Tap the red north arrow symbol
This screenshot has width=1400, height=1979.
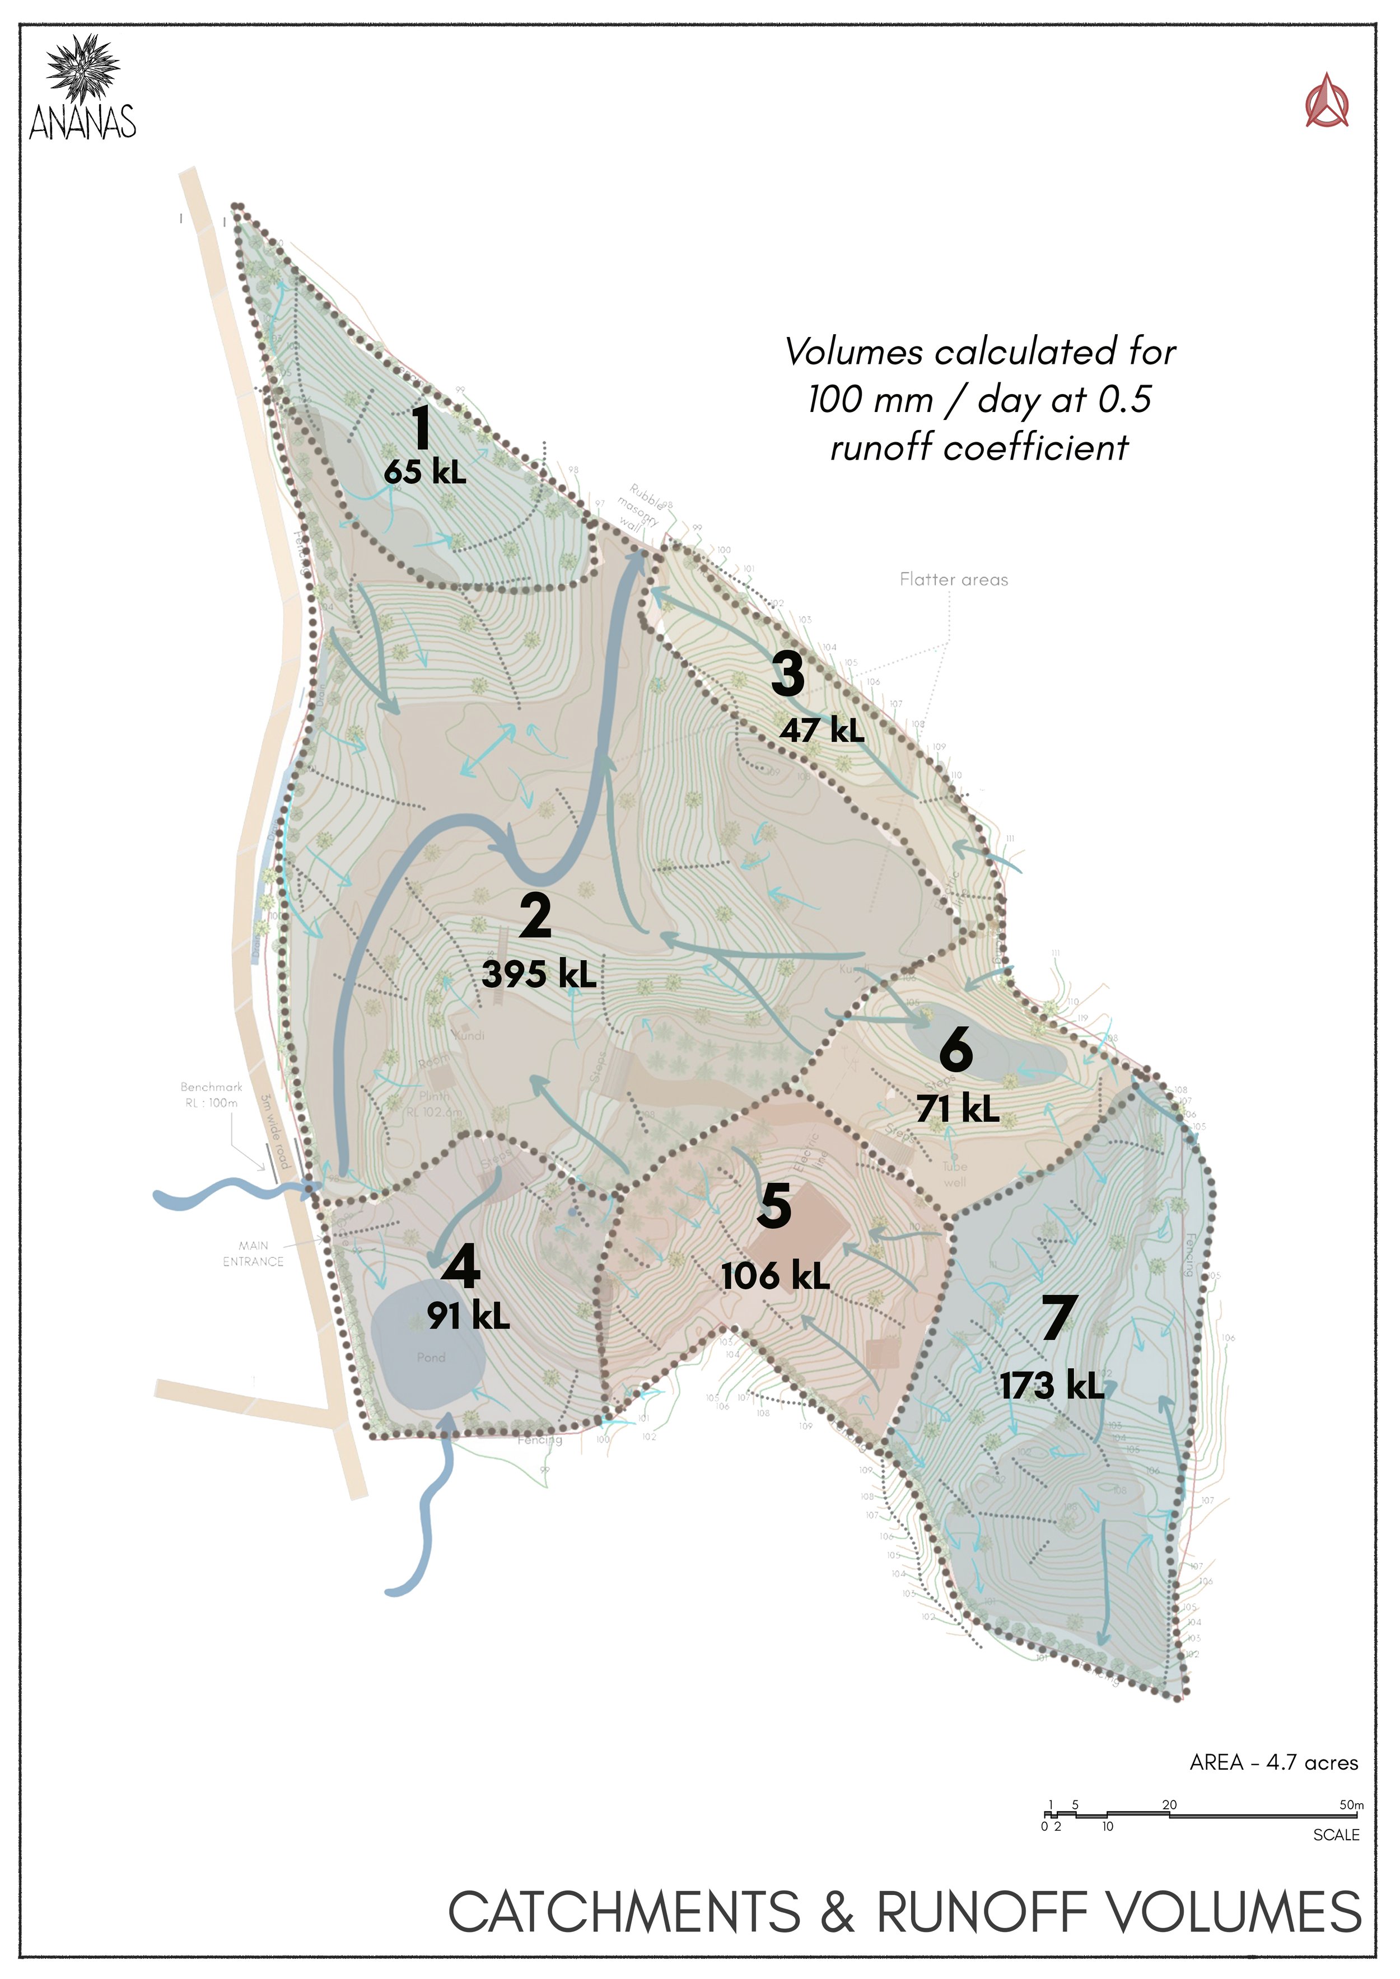[x=1327, y=102]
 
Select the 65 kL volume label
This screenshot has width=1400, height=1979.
[x=425, y=471]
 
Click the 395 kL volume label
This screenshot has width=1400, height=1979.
[x=539, y=974]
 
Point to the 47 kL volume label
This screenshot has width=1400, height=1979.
[x=823, y=730]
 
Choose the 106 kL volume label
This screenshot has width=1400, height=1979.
[x=775, y=1276]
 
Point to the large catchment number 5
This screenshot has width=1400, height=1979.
[x=774, y=1206]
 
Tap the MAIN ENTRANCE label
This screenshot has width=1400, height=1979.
[x=253, y=1253]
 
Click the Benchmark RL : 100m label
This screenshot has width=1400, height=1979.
[x=211, y=1094]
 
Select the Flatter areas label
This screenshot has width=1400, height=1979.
[x=954, y=580]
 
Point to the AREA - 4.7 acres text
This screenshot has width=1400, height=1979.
[x=1273, y=1763]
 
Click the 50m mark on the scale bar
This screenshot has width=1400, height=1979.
[x=1351, y=1804]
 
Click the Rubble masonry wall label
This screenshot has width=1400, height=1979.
[x=640, y=508]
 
